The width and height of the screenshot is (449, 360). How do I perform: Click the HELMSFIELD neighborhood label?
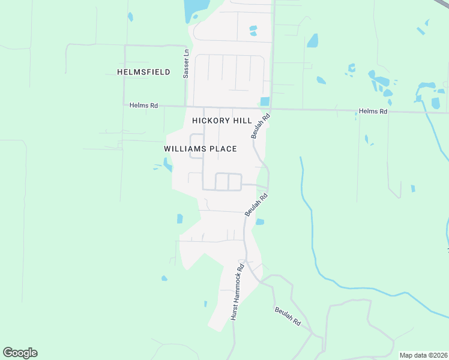point(143,72)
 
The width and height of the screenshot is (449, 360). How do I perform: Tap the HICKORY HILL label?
point(221,121)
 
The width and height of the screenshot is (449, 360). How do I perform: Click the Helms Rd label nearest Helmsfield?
point(143,106)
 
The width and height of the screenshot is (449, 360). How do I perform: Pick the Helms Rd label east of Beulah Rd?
point(373,112)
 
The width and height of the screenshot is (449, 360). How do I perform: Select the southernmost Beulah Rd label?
point(288,316)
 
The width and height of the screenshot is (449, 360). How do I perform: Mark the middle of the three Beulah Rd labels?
point(256,205)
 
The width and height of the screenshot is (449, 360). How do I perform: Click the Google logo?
point(20,353)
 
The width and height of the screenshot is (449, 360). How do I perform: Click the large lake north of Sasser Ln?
point(196,10)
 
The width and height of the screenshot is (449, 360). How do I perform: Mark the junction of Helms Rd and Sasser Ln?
point(186,107)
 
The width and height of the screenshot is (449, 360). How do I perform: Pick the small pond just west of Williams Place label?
point(166,163)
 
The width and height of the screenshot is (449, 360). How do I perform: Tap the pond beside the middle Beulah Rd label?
point(259,222)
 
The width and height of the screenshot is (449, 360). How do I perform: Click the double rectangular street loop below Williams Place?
point(228,181)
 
